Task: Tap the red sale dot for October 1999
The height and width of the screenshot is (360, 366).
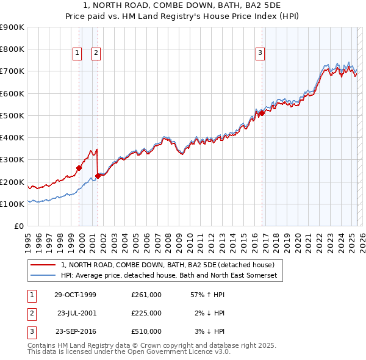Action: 79,168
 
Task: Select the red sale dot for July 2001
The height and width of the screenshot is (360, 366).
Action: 98,176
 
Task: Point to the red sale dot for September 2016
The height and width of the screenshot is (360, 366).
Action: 262,113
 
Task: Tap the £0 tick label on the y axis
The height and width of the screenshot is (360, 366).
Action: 18,226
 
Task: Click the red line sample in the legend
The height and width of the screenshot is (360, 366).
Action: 44,265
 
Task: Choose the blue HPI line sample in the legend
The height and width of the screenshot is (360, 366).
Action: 44,276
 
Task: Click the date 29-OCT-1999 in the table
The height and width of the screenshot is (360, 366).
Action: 74,295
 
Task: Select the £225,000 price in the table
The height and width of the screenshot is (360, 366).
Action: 146,313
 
